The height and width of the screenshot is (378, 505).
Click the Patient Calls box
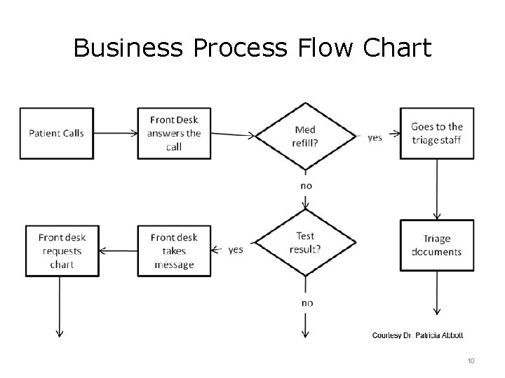[56, 133]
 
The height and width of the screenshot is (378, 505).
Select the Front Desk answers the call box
[174, 133]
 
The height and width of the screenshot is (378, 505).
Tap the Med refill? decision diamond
[305, 135]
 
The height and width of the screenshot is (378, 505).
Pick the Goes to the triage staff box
[436, 133]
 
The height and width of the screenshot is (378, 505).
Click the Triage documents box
[436, 245]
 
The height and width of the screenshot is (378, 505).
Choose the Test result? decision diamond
[305, 244]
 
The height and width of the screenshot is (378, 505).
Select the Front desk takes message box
[174, 251]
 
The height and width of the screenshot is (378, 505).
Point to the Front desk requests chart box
[61, 251]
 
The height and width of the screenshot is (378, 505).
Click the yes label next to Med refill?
[375, 137]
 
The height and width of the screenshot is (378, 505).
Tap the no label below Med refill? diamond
[306, 186]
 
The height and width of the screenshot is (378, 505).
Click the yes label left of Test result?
[236, 249]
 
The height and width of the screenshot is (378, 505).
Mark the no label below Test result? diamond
[307, 302]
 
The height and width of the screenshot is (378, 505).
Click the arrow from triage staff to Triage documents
[437, 189]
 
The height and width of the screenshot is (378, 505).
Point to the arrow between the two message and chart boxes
[117, 250]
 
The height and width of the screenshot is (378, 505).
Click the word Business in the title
[123, 48]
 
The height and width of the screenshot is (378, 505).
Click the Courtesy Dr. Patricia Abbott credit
[417, 335]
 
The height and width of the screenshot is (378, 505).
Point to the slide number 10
[470, 360]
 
